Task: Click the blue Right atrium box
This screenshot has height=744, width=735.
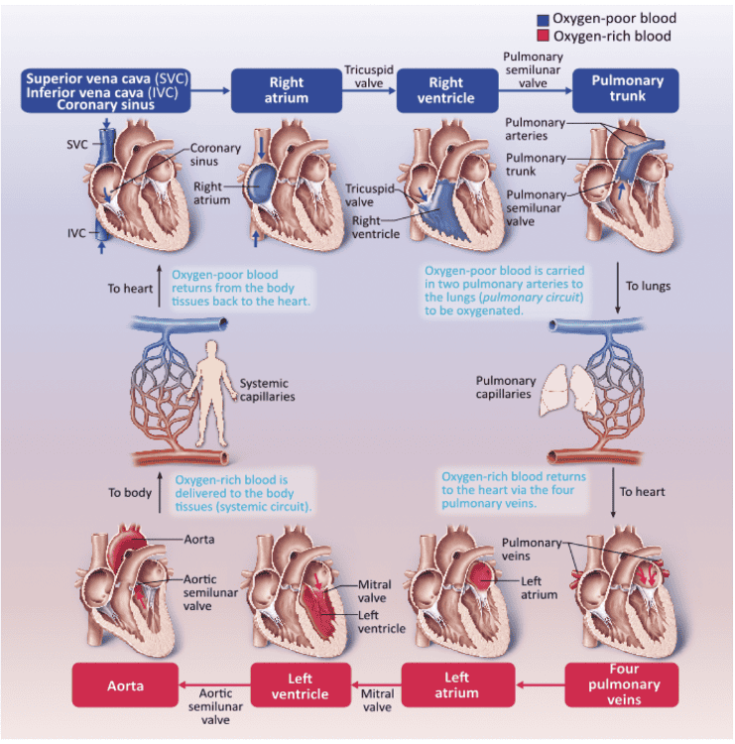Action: pyautogui.click(x=288, y=90)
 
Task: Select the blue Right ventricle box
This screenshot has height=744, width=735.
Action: pyautogui.click(x=446, y=90)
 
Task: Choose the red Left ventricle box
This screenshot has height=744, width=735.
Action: pyautogui.click(x=300, y=685)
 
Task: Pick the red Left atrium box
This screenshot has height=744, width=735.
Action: pyautogui.click(x=457, y=684)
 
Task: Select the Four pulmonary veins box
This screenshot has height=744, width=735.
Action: pyautogui.click(x=622, y=684)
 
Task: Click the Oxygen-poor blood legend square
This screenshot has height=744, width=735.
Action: pyautogui.click(x=543, y=19)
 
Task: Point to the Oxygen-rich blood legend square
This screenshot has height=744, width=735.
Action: pyautogui.click(x=543, y=37)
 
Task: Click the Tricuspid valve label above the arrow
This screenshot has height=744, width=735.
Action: pyautogui.click(x=364, y=76)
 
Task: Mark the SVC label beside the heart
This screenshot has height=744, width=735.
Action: pyautogui.click(x=76, y=144)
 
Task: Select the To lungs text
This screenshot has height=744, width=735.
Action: pyautogui.click(x=648, y=286)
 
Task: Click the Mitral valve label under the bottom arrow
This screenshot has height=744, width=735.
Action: pyautogui.click(x=376, y=700)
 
